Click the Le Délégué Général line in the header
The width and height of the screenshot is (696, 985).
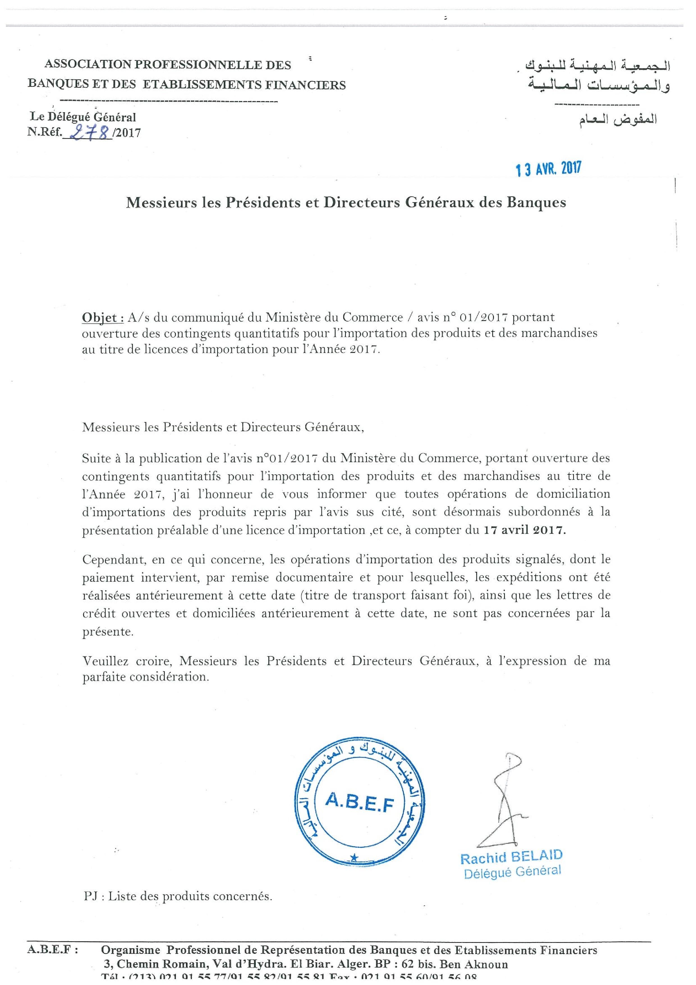tap(82, 117)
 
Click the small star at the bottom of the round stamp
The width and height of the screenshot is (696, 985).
tap(354, 857)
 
